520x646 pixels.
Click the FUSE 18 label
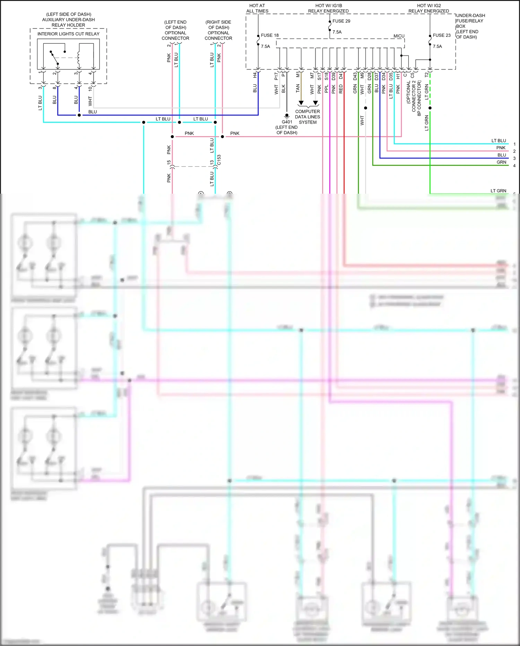pos(269,35)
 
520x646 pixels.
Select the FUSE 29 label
pos(341,21)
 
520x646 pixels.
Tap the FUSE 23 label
pos(441,35)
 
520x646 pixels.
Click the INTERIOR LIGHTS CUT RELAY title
pos(68,34)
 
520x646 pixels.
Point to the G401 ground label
pos(287,122)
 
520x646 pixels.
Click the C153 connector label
pos(219,160)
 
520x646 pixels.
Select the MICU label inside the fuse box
pos(399,36)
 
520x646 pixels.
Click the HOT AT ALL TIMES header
pos(257,8)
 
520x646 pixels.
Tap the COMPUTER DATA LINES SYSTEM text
pos(307,117)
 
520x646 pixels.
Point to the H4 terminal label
pos(255,75)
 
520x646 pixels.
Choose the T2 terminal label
pos(426,75)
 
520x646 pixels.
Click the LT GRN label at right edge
pos(498,191)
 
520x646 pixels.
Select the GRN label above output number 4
pos(501,162)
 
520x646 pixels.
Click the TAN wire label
pos(298,89)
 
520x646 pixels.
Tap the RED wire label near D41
pos(341,89)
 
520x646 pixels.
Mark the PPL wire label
pos(326,89)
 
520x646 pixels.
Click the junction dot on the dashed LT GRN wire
pos(430,108)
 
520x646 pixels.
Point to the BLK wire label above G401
pos(283,89)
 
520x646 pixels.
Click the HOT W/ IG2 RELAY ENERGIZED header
pos(428,8)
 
